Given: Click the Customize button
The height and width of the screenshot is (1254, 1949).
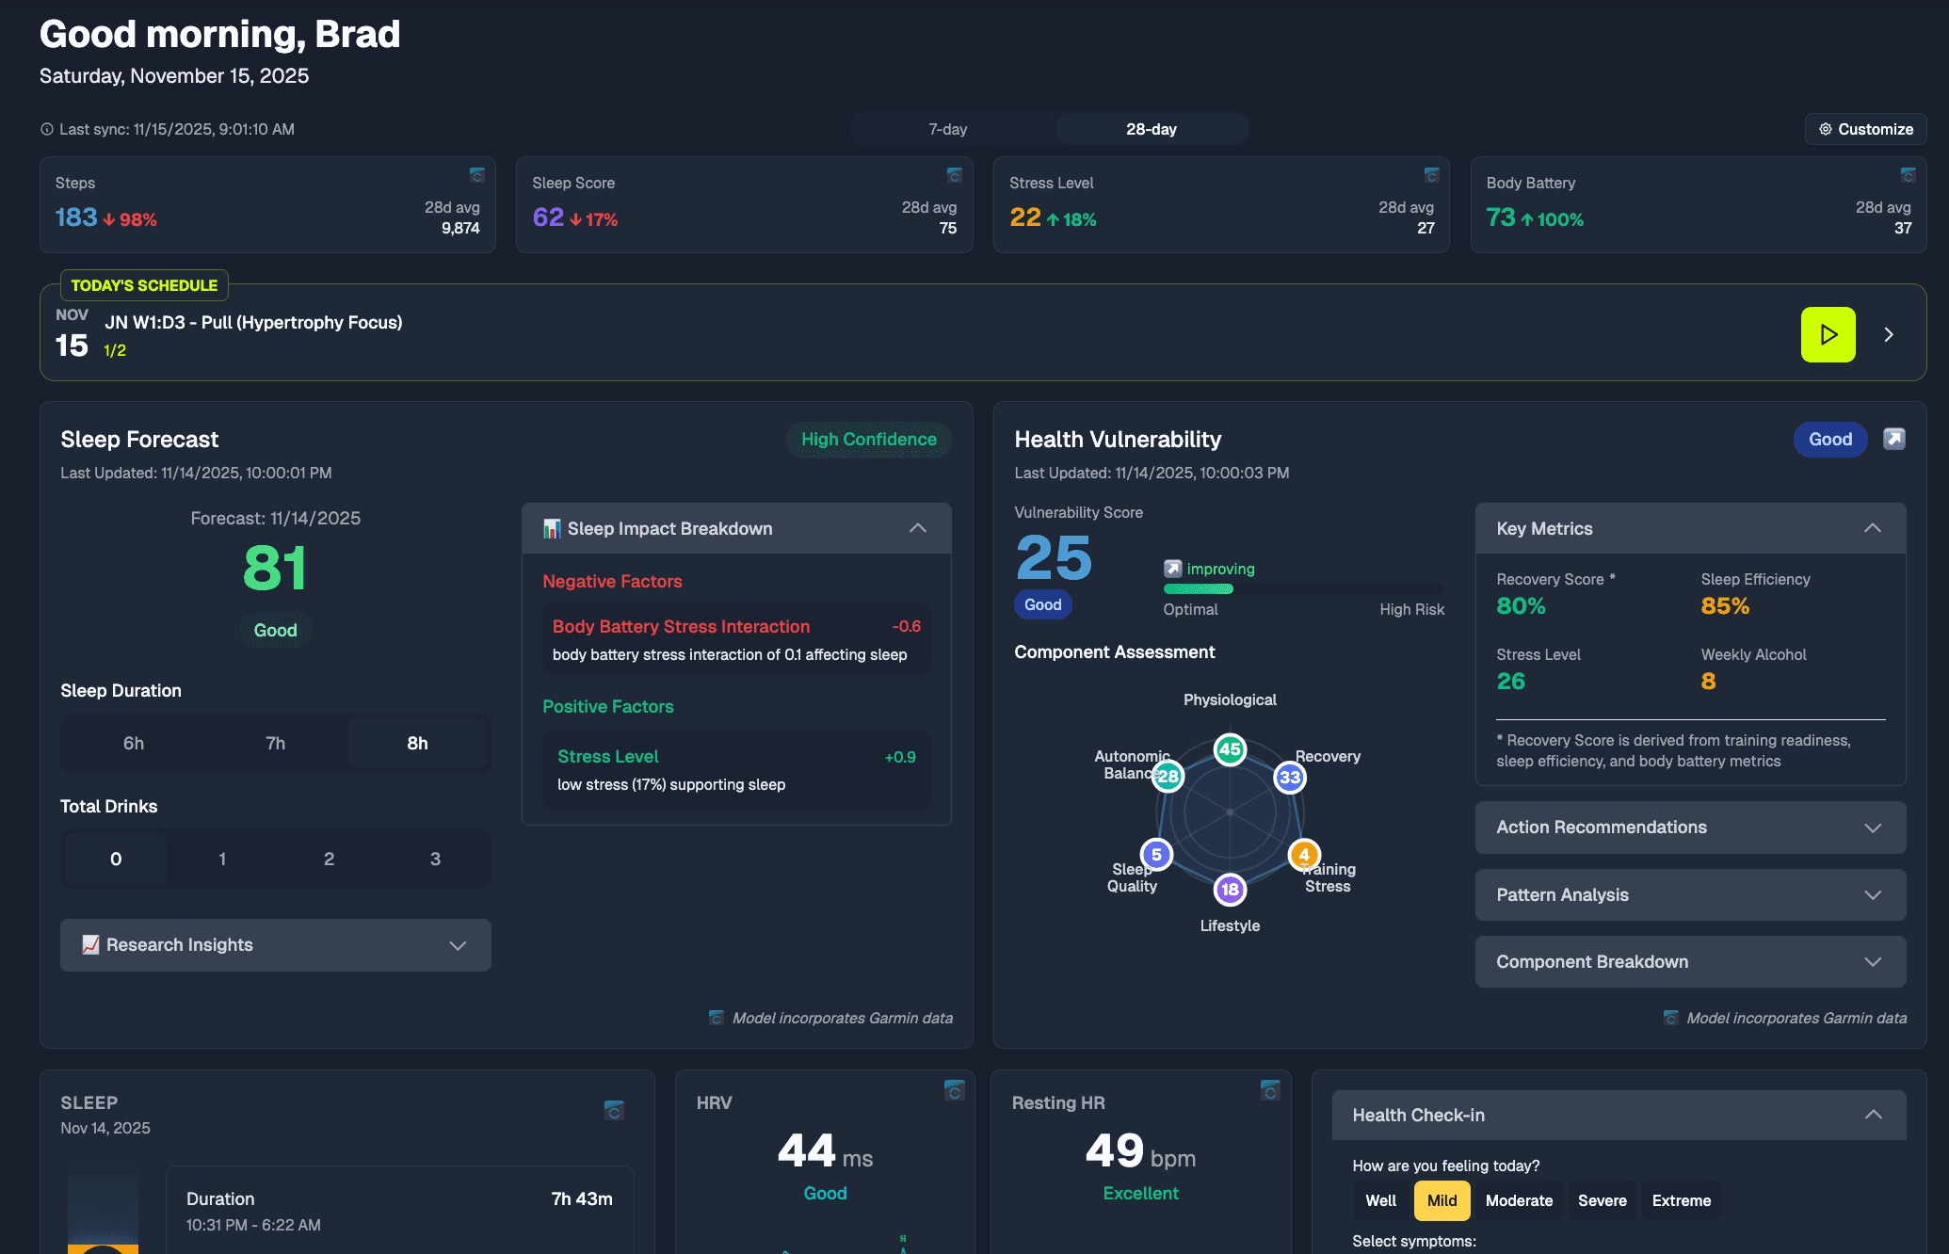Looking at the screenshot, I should (1865, 129).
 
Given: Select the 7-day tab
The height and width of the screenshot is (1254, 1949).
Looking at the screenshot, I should (947, 129).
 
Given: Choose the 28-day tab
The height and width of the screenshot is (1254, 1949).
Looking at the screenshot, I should (1151, 129).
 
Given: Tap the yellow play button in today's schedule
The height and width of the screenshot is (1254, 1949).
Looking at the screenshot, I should (1828, 334).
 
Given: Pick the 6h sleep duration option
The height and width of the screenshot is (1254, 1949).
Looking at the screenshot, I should (134, 743).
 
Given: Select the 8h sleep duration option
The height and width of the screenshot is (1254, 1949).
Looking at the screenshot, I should (417, 743).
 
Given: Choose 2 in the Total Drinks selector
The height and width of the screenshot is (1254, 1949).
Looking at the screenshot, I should (329, 859).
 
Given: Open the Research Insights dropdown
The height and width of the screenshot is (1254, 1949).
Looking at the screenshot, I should (275, 945).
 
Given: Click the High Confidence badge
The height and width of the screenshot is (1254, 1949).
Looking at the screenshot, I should (868, 440).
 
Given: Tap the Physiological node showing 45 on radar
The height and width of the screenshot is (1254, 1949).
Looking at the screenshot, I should (1230, 749).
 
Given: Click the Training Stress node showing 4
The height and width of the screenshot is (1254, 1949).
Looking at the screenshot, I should (1303, 855).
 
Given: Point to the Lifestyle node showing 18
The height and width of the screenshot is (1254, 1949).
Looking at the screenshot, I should (1230, 889).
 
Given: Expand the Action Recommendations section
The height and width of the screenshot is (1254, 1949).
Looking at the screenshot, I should (1690, 828).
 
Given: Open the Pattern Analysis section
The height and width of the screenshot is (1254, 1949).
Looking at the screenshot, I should (1690, 894).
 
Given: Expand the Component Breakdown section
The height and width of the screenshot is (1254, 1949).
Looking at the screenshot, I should (1690, 961).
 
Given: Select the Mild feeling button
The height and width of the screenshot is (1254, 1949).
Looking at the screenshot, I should (1442, 1200).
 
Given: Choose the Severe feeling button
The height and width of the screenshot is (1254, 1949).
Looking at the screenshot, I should (1602, 1200).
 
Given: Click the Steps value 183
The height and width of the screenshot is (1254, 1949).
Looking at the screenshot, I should (76, 217).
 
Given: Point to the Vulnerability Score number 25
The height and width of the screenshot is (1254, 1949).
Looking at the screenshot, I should (1054, 558).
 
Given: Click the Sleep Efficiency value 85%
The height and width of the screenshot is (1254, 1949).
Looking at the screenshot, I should (1725, 606).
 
